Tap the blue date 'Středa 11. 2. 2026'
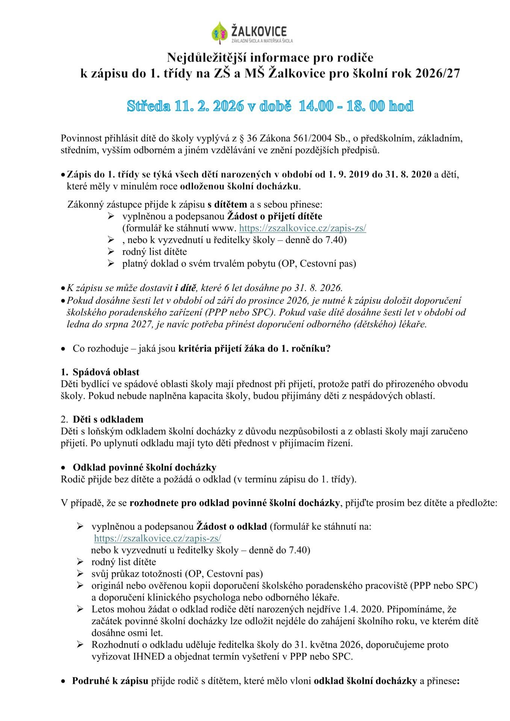(184, 106)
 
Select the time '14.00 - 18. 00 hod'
(356, 106)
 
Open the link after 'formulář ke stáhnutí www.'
(303, 228)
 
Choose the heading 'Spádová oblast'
(106, 372)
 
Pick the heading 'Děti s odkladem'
(108, 419)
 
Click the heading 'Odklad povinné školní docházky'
(144, 468)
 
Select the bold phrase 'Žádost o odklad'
(232, 526)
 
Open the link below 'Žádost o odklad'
(157, 538)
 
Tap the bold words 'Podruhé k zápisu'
(110, 681)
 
